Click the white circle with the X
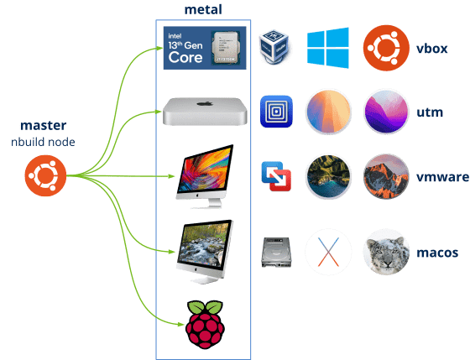(327, 252)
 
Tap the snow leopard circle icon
(385, 252)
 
